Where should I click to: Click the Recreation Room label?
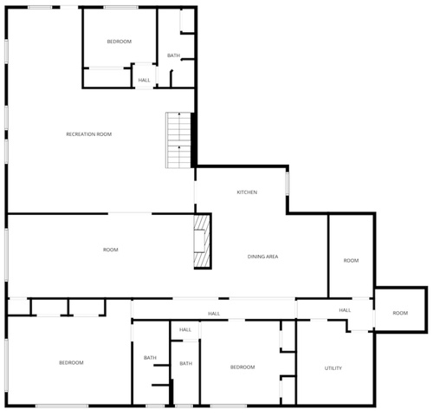click(89, 134)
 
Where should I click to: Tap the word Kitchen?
click(247, 192)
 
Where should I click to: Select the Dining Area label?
click(262, 257)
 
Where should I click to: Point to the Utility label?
click(333, 368)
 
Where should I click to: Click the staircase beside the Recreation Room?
click(178, 140)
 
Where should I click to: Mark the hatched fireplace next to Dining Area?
click(202, 241)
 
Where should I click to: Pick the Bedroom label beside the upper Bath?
click(120, 42)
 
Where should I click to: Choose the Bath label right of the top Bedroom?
click(173, 55)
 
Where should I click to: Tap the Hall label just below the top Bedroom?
click(144, 80)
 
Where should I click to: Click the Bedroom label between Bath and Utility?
click(242, 367)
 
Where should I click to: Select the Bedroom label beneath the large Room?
click(71, 362)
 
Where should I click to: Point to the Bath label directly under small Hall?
click(186, 363)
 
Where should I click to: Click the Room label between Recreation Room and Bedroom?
click(111, 250)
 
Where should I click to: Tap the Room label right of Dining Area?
click(351, 260)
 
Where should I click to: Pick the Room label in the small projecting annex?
click(400, 313)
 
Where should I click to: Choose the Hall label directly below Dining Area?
click(214, 314)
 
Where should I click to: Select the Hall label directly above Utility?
click(345, 310)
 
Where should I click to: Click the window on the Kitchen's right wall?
click(287, 183)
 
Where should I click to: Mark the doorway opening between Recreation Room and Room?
click(130, 213)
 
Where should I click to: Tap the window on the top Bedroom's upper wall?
click(121, 7)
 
